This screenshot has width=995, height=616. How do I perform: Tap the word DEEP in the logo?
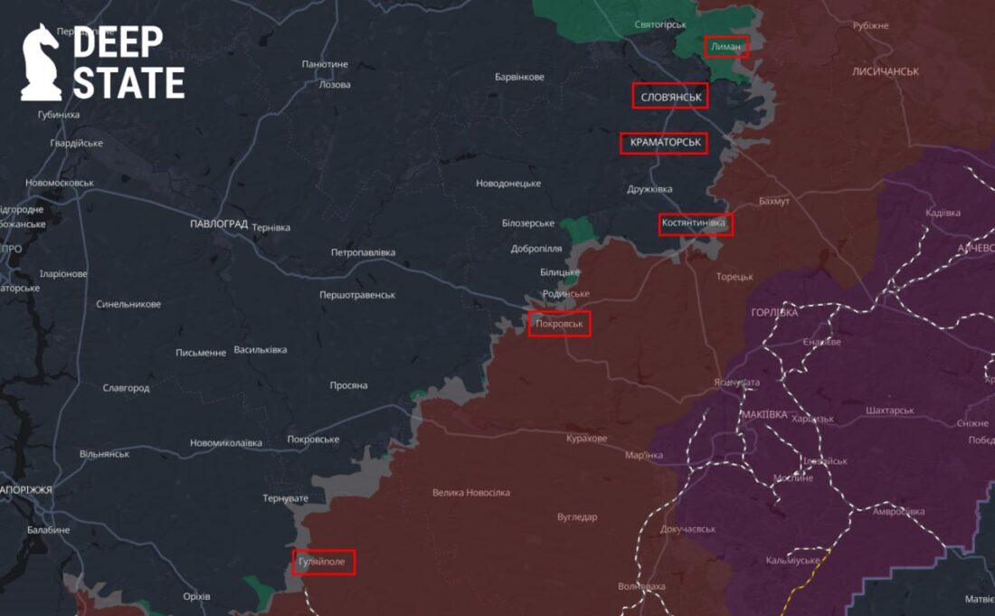click(x=118, y=42)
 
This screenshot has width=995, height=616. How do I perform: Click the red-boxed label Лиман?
click(x=726, y=46)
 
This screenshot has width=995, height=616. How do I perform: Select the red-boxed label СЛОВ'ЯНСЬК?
click(x=670, y=96)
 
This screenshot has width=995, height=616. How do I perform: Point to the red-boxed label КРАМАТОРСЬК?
click(x=664, y=143)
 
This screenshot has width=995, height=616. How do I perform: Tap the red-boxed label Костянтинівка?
click(x=695, y=223)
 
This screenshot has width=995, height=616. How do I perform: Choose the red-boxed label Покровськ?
click(x=560, y=323)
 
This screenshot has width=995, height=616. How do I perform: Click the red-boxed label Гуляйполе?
click(x=324, y=563)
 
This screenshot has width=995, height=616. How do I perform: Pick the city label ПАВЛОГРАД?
click(x=219, y=223)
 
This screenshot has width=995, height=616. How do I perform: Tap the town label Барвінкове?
click(x=519, y=77)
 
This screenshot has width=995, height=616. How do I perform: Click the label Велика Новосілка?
click(x=470, y=493)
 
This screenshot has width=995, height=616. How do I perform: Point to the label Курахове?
click(x=586, y=439)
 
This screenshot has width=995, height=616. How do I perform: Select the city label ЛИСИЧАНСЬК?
click(x=885, y=71)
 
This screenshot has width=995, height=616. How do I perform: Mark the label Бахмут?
click(x=774, y=201)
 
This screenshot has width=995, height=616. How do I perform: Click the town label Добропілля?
click(x=536, y=249)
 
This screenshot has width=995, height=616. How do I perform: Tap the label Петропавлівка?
click(x=363, y=252)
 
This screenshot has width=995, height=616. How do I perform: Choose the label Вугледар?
click(x=576, y=517)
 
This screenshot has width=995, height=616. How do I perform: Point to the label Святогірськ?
click(x=660, y=24)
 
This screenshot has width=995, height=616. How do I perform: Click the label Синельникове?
click(x=128, y=304)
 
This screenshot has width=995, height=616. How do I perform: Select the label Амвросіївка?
click(x=898, y=512)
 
